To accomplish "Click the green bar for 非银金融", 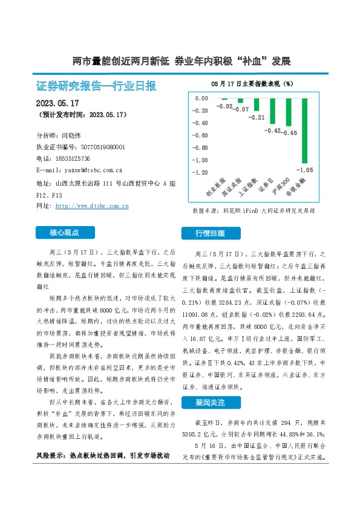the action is pos(305,130).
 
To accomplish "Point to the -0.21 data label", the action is pos(258,117).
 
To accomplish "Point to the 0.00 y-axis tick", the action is pos(200,98).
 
